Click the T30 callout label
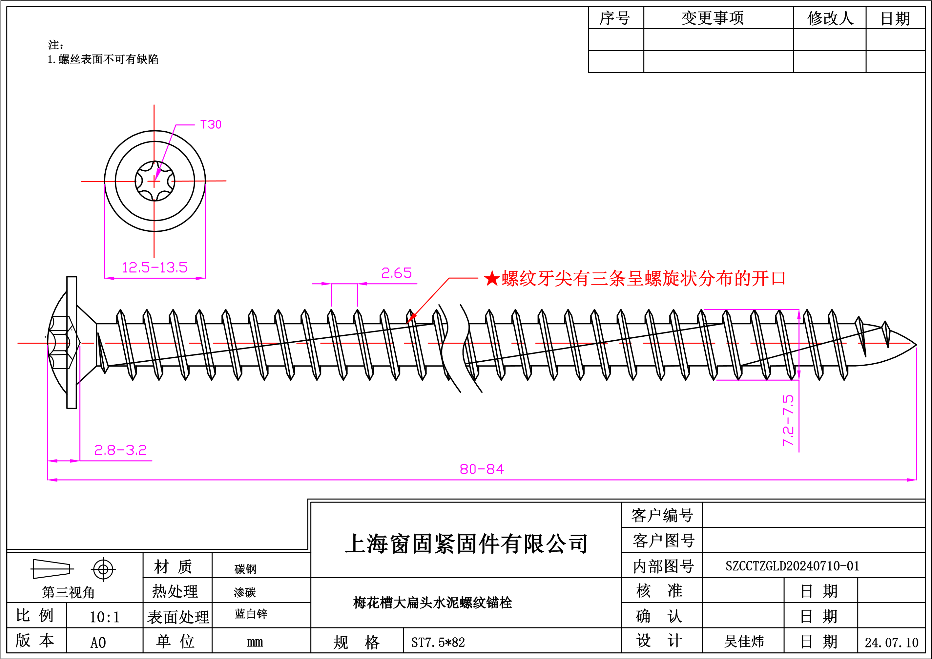point(211,125)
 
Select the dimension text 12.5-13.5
point(155,267)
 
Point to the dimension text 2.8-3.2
point(120,450)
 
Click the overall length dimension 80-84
point(482,469)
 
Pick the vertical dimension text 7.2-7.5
point(788,420)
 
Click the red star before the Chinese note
point(492,279)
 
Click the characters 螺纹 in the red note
point(519,279)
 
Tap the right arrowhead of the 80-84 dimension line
point(911,480)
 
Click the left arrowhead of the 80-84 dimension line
point(53,480)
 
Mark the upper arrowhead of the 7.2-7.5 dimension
point(799,315)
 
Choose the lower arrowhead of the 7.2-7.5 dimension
point(799,375)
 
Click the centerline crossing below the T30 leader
point(154,181)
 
